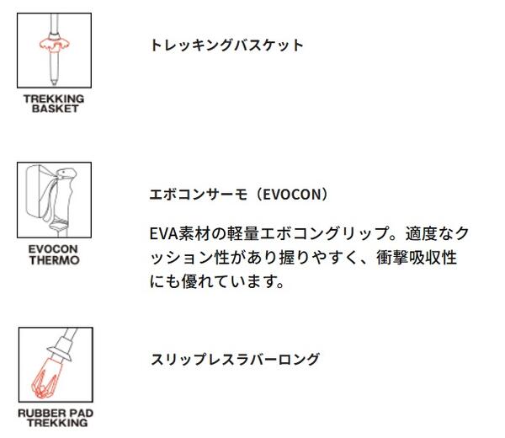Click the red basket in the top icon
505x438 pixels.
[54, 44]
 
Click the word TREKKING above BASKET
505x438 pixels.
[54, 99]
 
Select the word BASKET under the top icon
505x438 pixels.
[55, 109]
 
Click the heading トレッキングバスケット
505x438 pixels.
[226, 45]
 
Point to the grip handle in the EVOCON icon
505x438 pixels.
[63, 194]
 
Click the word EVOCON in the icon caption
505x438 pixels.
[53, 249]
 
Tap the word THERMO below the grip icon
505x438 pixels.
[55, 260]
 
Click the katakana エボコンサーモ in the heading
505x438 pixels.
[199, 195]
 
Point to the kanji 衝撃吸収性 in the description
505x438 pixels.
[417, 258]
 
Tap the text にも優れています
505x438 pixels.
[216, 281]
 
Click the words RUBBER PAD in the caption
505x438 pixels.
[56, 414]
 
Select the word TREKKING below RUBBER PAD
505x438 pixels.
[57, 423]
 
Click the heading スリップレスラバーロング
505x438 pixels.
[236, 360]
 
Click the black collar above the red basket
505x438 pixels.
[54, 35]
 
